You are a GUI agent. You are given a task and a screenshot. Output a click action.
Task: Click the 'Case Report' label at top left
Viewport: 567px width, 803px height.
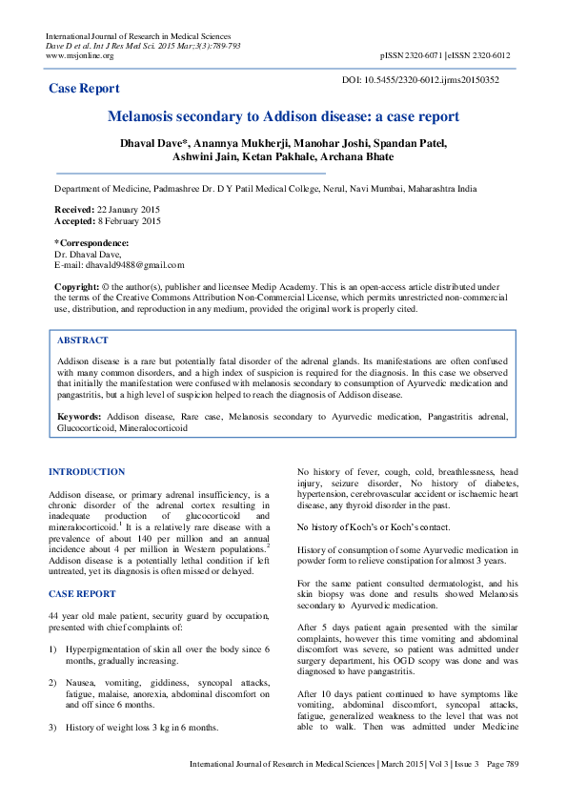84,89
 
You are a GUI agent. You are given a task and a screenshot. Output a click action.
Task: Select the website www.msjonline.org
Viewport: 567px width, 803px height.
80,55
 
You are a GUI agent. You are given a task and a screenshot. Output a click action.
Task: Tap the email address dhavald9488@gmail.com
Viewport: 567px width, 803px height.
130,266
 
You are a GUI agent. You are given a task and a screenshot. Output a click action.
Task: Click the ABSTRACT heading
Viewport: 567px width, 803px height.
83,340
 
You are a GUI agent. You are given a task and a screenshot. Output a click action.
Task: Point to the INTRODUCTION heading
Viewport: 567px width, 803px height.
87,472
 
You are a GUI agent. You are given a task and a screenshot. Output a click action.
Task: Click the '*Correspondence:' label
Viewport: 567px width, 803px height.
91,243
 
